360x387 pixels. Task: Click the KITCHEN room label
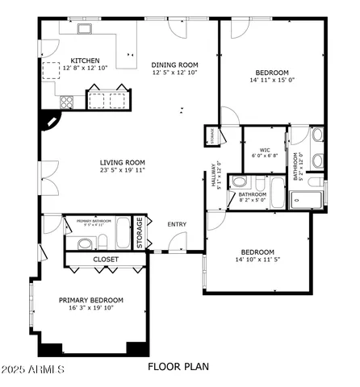pos(85,60)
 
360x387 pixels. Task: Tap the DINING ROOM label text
pos(174,65)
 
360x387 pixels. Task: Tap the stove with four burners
pos(65,102)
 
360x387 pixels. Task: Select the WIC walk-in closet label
pos(265,150)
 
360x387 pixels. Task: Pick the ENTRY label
pos(177,224)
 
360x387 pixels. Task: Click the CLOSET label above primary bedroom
pos(106,260)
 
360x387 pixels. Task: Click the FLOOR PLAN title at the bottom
pos(178,367)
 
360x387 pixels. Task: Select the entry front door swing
pos(174,242)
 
